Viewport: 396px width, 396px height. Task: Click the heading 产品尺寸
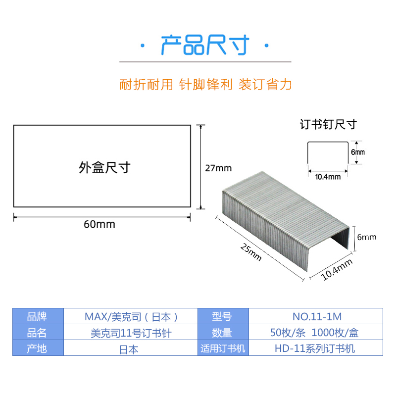tap(204, 46)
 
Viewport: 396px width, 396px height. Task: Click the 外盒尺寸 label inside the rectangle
tap(104, 168)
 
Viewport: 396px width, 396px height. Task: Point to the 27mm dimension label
tap(218, 168)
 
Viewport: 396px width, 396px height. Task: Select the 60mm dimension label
tap(99, 224)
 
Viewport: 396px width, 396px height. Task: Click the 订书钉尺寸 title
tap(328, 124)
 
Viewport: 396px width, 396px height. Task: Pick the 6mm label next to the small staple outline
tap(358, 152)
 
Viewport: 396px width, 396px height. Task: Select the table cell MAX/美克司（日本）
tap(131, 316)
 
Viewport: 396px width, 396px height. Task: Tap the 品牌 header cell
tap(38, 316)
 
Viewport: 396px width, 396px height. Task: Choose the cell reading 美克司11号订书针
tap(131, 333)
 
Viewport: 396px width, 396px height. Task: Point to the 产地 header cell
tap(38, 348)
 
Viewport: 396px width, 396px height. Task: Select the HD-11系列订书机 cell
tap(315, 348)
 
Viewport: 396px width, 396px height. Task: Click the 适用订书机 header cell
tap(223, 348)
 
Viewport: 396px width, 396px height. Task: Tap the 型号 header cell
tap(223, 316)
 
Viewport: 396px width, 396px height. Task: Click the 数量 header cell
tap(223, 333)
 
